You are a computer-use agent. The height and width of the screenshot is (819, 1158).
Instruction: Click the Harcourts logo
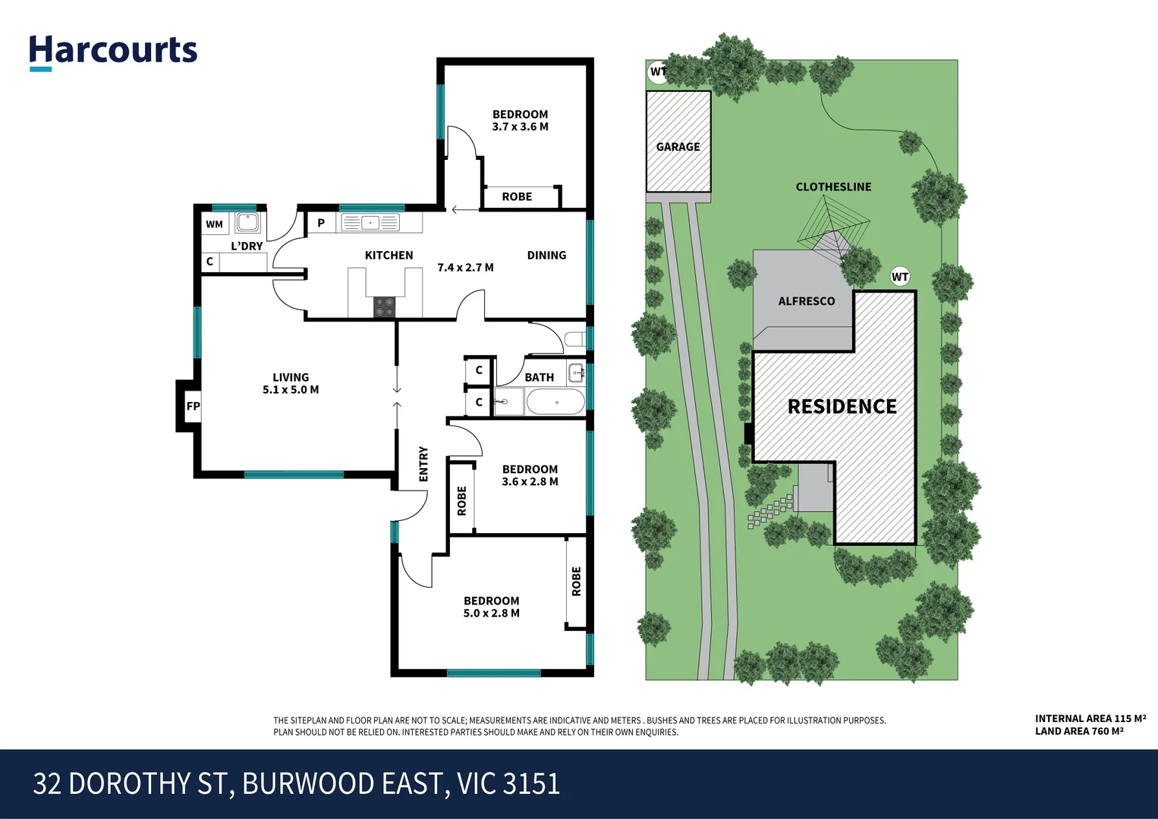(113, 52)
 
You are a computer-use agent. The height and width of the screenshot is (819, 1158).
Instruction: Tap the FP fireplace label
(194, 406)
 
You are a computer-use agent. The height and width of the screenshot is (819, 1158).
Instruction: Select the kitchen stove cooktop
(385, 306)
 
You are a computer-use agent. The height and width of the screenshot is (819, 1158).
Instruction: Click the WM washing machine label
(215, 224)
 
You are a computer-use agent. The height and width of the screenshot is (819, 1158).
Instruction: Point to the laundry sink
(247, 222)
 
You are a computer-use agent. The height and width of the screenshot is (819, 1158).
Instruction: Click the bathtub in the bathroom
(555, 402)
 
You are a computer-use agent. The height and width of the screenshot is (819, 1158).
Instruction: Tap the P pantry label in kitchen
(321, 223)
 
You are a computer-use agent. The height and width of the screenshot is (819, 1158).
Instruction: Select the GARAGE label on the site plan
(678, 147)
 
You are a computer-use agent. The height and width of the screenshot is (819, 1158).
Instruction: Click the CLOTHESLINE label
(833, 187)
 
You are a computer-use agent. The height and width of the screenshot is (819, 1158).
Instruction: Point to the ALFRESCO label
(806, 302)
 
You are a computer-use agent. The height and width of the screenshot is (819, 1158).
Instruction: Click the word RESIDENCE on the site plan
(842, 407)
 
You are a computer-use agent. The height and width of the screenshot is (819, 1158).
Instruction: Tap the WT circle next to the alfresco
(900, 277)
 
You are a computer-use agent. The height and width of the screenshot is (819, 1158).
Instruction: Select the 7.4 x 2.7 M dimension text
(465, 268)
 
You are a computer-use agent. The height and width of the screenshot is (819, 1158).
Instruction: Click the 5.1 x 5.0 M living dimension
(291, 390)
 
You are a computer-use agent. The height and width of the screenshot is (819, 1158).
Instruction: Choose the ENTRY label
(423, 464)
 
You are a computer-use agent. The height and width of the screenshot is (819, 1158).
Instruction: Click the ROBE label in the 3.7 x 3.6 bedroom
(517, 197)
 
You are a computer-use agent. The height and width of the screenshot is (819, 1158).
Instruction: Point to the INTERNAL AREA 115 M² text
(1090, 718)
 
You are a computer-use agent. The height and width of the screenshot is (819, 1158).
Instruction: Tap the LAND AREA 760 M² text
(1078, 732)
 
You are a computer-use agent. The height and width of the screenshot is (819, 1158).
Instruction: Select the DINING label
(546, 256)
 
